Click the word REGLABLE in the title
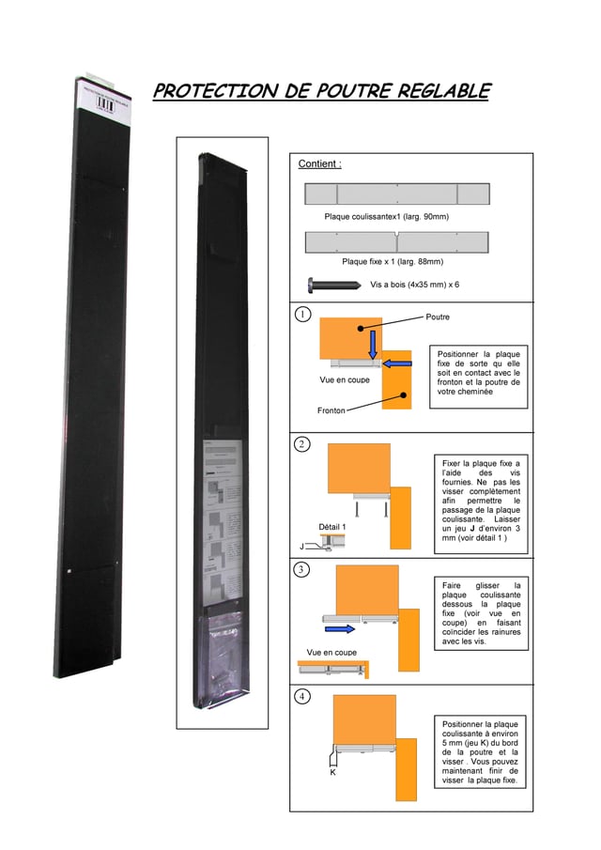point(443,91)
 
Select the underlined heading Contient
point(319,164)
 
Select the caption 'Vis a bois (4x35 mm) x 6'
point(414,284)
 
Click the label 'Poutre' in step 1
point(438,317)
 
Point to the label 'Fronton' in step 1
point(331,410)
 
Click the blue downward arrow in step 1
point(373,344)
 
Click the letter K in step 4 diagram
point(331,774)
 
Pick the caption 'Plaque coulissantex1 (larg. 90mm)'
point(386,217)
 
